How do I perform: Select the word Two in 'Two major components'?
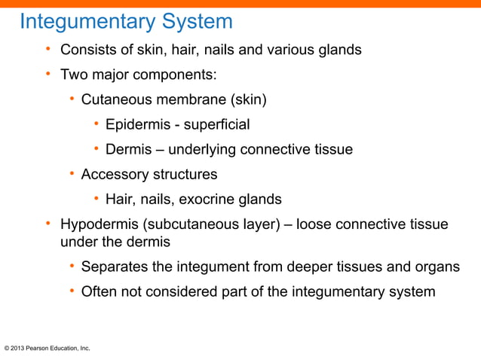(x=73, y=75)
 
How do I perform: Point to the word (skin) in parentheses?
(x=247, y=99)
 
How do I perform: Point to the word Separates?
(x=114, y=267)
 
